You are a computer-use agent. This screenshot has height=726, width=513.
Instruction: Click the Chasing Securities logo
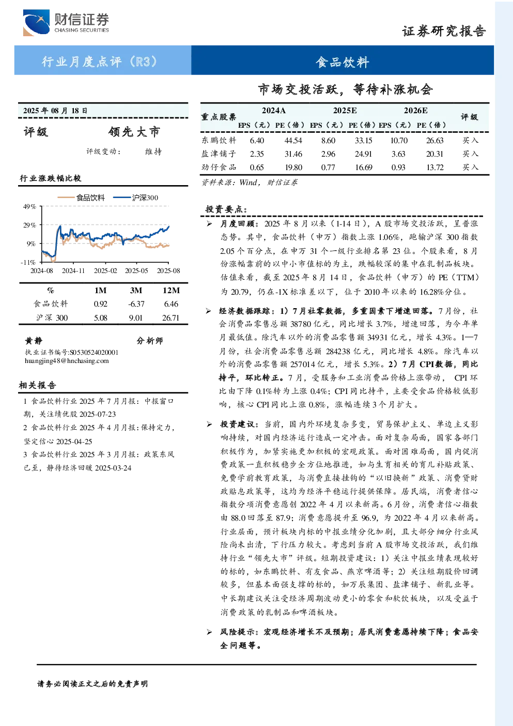[x=66, y=22]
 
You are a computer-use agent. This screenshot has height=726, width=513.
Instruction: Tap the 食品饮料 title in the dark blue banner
[x=343, y=62]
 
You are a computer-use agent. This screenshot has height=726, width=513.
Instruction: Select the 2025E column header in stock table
[x=345, y=111]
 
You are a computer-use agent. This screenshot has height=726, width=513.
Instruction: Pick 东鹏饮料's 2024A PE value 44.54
[x=293, y=141]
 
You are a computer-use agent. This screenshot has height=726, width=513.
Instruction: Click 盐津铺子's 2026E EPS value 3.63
[x=398, y=154]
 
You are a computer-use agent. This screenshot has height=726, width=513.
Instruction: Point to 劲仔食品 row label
[x=219, y=167]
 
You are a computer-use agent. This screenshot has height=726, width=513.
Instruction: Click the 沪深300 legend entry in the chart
[x=136, y=198]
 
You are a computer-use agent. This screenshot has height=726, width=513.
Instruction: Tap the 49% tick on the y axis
[x=29, y=207]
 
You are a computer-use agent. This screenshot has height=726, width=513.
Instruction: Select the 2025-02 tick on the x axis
[x=105, y=270]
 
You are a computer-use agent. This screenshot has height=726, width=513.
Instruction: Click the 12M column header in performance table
[x=171, y=291]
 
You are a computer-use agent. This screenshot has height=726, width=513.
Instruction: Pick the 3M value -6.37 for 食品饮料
[x=136, y=304]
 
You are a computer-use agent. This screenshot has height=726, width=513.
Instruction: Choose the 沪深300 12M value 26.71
[x=170, y=318]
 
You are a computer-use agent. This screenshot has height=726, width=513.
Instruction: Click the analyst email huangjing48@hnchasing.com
[x=67, y=361]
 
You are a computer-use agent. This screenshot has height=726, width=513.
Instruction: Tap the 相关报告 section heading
[x=37, y=385]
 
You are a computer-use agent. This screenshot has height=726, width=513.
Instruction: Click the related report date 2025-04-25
[x=74, y=442]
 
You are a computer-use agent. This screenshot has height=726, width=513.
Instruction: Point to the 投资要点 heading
[x=226, y=209]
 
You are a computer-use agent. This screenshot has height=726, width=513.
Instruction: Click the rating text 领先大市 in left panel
[x=134, y=132]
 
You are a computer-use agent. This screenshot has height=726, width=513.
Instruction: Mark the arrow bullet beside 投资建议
[x=209, y=424]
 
